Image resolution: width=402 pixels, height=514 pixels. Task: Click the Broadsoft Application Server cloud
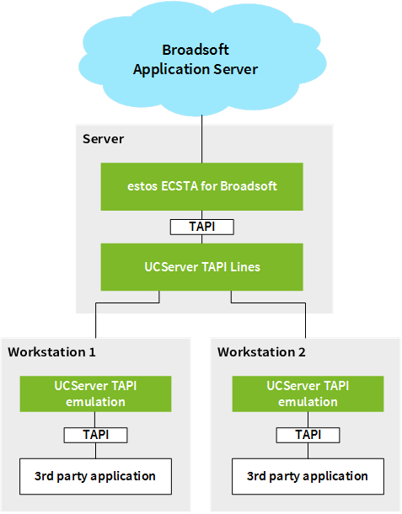[202, 59]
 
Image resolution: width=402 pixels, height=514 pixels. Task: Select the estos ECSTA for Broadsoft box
[201, 186]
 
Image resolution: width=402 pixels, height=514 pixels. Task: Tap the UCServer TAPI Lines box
[201, 267]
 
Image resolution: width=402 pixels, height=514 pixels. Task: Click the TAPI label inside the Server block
[202, 227]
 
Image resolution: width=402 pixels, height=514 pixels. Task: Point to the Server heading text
[104, 139]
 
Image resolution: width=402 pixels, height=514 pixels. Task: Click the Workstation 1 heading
[51, 352]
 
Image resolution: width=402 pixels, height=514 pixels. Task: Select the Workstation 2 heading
[261, 352]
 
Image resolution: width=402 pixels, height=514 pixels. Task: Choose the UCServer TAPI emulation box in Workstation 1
[95, 394]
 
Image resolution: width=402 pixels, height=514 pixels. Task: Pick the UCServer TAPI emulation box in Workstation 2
[308, 394]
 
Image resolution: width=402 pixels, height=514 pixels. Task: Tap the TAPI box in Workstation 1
[95, 435]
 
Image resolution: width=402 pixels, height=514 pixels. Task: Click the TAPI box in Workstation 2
[308, 435]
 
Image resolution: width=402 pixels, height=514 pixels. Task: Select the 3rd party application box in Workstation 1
[95, 476]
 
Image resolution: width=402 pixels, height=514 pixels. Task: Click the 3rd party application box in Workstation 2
[308, 476]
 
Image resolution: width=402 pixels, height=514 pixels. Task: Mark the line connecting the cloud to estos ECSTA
[201, 139]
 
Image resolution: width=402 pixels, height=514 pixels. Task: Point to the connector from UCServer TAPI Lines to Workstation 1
[127, 303]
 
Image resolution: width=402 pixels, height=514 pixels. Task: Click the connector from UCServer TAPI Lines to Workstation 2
[268, 303]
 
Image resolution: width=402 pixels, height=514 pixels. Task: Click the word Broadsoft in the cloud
[196, 50]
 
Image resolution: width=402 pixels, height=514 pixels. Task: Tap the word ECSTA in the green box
[180, 186]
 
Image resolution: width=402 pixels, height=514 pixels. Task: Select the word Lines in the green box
[245, 267]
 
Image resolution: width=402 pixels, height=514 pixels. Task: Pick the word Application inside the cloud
[171, 70]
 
